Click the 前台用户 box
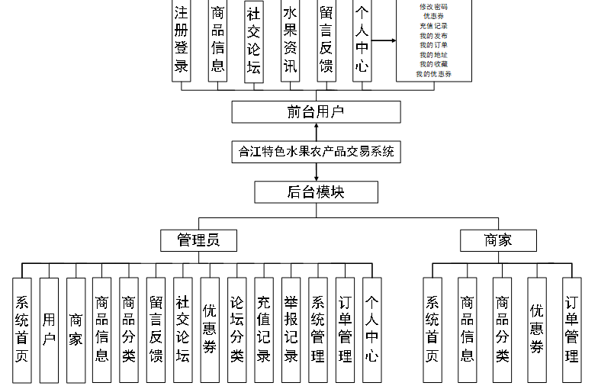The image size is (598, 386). click(316, 112)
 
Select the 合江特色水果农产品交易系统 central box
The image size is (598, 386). click(316, 151)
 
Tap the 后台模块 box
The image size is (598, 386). click(316, 191)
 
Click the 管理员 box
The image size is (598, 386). click(198, 240)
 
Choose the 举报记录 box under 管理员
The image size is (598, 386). click(290, 330)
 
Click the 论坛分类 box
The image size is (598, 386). click(236, 330)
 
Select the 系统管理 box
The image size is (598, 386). click(317, 330)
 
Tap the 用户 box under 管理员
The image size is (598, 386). click(49, 330)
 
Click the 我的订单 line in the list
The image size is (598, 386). click(433, 46)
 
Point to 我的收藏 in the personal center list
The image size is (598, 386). click(433, 65)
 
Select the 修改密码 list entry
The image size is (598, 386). click(433, 7)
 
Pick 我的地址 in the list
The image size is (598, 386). click(433, 55)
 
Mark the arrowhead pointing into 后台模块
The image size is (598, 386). click(316, 178)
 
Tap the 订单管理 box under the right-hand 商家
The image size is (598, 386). click(571, 330)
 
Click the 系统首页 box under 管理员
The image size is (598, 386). click(22, 330)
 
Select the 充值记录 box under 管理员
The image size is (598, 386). click(263, 330)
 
